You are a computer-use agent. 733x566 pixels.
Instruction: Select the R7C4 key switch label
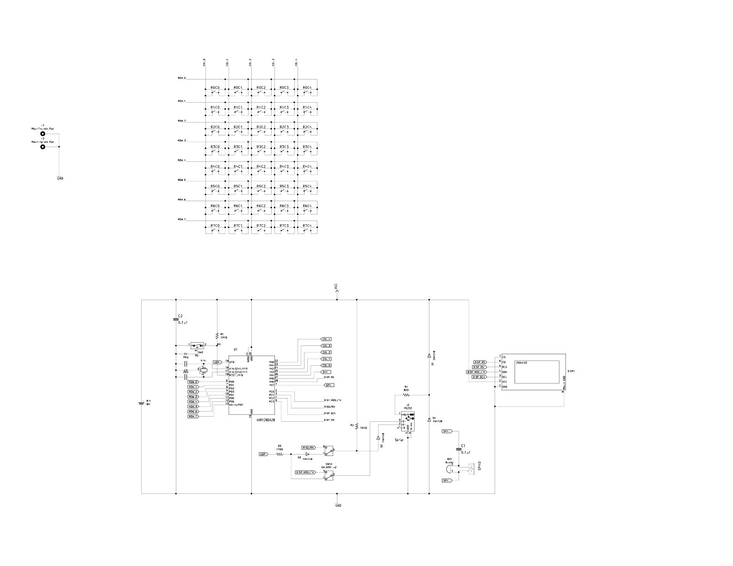[307, 226]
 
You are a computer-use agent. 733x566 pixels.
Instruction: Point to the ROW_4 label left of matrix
[181, 160]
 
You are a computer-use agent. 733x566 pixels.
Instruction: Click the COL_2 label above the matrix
[250, 62]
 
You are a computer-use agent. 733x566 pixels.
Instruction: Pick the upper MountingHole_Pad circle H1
[43, 134]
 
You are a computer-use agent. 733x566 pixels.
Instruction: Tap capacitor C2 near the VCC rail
[176, 319]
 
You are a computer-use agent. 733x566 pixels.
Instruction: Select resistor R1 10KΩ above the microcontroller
[217, 335]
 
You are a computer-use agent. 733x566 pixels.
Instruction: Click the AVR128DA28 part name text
[266, 420]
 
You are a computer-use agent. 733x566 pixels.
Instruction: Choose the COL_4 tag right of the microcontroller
[327, 339]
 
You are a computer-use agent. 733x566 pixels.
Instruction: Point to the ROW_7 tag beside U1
[193, 417]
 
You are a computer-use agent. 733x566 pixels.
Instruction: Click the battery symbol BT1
[142, 403]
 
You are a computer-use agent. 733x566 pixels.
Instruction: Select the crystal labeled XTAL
[203, 369]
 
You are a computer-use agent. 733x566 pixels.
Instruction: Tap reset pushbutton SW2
[198, 345]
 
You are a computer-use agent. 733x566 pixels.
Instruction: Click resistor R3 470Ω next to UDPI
[280, 455]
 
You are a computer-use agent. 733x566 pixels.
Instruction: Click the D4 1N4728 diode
[429, 419]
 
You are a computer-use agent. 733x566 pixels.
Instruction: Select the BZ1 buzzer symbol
[449, 469]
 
